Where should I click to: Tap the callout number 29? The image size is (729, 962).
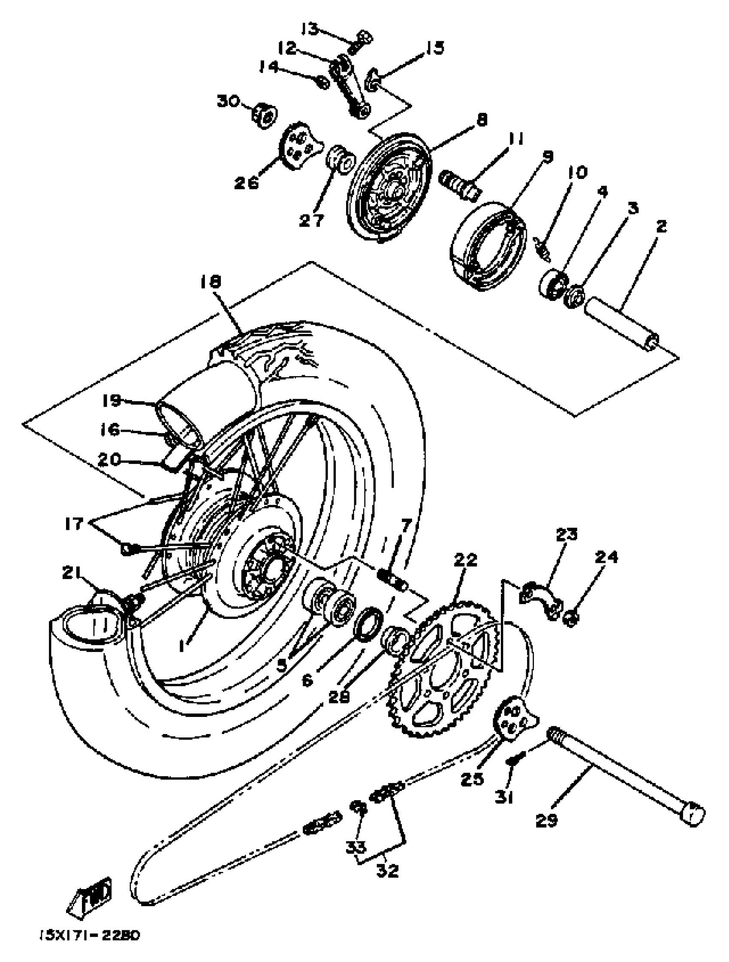(x=546, y=820)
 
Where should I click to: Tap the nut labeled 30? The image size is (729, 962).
(x=265, y=115)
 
